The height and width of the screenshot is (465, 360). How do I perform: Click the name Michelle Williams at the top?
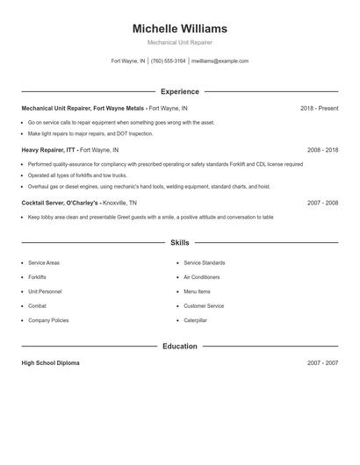click(179, 29)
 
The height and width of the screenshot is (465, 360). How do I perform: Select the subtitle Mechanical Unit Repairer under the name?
click(179, 42)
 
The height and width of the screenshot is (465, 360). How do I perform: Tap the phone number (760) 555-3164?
click(168, 61)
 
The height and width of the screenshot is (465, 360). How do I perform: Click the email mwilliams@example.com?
click(220, 61)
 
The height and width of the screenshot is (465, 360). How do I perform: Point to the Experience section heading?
click(179, 91)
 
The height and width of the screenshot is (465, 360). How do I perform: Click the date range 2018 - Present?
click(319, 108)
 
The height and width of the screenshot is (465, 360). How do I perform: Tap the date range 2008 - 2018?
click(322, 150)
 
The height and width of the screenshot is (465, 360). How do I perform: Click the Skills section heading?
click(179, 242)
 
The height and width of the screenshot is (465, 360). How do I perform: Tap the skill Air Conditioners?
click(202, 277)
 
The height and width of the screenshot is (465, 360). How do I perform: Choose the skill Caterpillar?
click(195, 320)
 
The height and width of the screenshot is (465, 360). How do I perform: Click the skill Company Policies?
click(48, 320)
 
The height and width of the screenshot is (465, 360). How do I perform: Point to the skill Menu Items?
click(197, 291)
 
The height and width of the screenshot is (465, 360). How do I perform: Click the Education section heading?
click(179, 347)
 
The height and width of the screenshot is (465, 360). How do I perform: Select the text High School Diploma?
click(50, 362)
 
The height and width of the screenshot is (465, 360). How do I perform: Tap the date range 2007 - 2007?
click(322, 362)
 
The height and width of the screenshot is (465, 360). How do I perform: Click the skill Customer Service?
click(204, 306)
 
